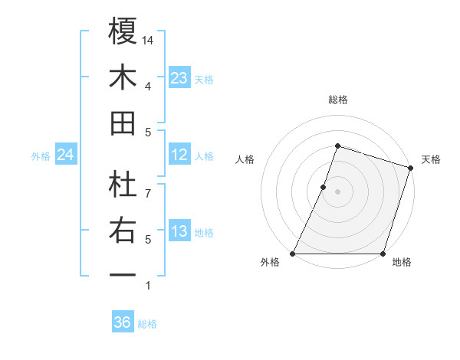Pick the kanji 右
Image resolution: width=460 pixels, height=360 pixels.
pos(123,230)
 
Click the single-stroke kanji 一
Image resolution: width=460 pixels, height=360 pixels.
pos(123,275)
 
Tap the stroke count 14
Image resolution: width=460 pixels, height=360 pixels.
pos(149,40)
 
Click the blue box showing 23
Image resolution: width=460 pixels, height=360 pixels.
pos(179,78)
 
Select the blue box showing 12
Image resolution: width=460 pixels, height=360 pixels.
pos(179,155)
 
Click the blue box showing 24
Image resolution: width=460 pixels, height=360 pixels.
pos(65,155)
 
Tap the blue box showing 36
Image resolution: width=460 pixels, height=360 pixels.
pos(122,322)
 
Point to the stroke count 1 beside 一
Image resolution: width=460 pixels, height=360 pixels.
pos(148,286)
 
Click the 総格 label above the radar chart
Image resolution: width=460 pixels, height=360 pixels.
pos(338,100)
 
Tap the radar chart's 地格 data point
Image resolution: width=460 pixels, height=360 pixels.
pos(383,254)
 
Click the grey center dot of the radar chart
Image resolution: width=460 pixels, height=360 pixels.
pos(338,191)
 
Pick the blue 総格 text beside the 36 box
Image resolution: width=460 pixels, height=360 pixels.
pos(147,324)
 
